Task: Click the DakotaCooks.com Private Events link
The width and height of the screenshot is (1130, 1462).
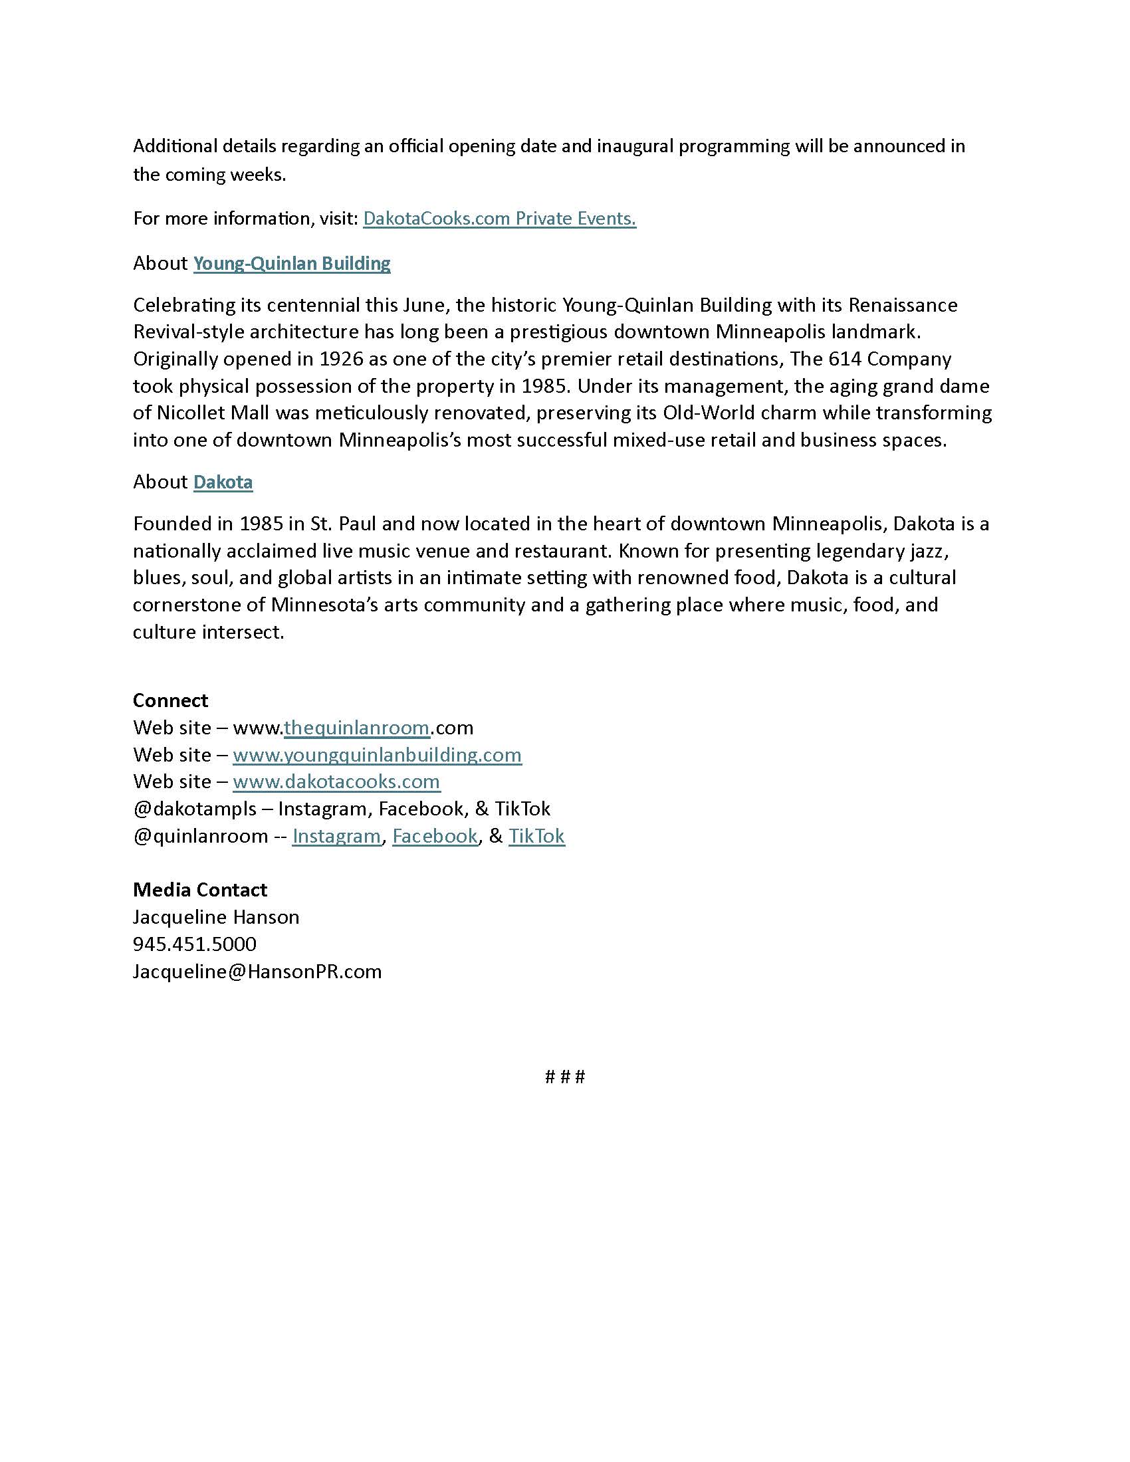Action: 499,219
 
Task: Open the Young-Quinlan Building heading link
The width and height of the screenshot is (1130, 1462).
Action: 292,263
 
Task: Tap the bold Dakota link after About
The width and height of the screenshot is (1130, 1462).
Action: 223,482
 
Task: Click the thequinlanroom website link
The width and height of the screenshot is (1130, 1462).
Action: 356,728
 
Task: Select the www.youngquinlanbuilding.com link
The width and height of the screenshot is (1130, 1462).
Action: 377,755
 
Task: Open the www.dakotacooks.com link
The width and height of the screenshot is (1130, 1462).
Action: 336,782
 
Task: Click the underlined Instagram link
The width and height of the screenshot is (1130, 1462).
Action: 336,836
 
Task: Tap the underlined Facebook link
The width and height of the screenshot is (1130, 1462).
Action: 435,836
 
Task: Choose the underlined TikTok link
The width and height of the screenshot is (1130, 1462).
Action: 536,836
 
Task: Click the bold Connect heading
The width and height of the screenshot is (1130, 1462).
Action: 171,700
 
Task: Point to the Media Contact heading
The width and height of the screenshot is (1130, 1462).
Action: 199,890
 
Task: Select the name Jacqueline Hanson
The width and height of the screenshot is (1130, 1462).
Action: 215,917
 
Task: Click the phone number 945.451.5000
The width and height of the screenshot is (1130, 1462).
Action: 194,944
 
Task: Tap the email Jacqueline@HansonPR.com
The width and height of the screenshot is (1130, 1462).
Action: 257,972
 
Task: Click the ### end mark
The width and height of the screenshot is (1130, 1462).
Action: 565,1077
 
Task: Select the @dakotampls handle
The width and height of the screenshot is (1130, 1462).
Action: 194,809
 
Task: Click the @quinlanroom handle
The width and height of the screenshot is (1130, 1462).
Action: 200,836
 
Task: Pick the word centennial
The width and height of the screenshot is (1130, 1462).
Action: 313,305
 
